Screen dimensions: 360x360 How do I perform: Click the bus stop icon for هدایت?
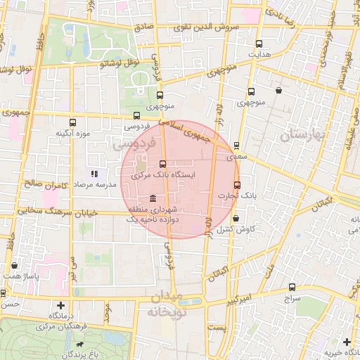[x=259, y=44]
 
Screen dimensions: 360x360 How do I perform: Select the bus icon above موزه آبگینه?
[x=72, y=122]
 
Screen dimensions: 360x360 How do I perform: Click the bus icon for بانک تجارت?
[x=236, y=186]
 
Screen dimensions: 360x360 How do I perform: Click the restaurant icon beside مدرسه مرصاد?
[x=95, y=174]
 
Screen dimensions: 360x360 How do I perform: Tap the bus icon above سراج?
[x=292, y=288]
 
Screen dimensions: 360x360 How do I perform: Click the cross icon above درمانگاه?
[x=61, y=305]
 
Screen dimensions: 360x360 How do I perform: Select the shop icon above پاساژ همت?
[x=15, y=265]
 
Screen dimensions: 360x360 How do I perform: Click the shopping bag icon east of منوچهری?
[x=279, y=90]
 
